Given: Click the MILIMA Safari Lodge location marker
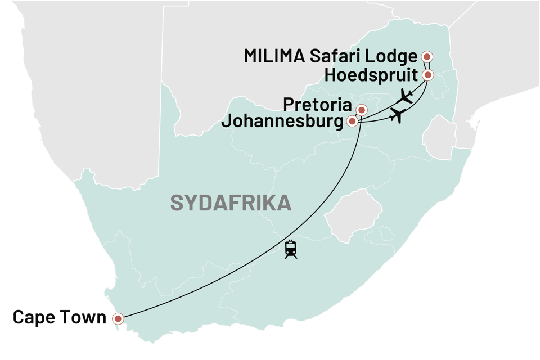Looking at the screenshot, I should pos(427,56).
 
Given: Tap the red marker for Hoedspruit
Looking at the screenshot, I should pos(427,74).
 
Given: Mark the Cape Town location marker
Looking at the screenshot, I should pos(118,319).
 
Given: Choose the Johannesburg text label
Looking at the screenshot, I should pos(283,121).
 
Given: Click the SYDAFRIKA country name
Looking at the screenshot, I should pos(231,203).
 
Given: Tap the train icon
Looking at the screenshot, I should pos(291,249).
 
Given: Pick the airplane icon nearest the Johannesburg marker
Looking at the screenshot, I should pos(398,116).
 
